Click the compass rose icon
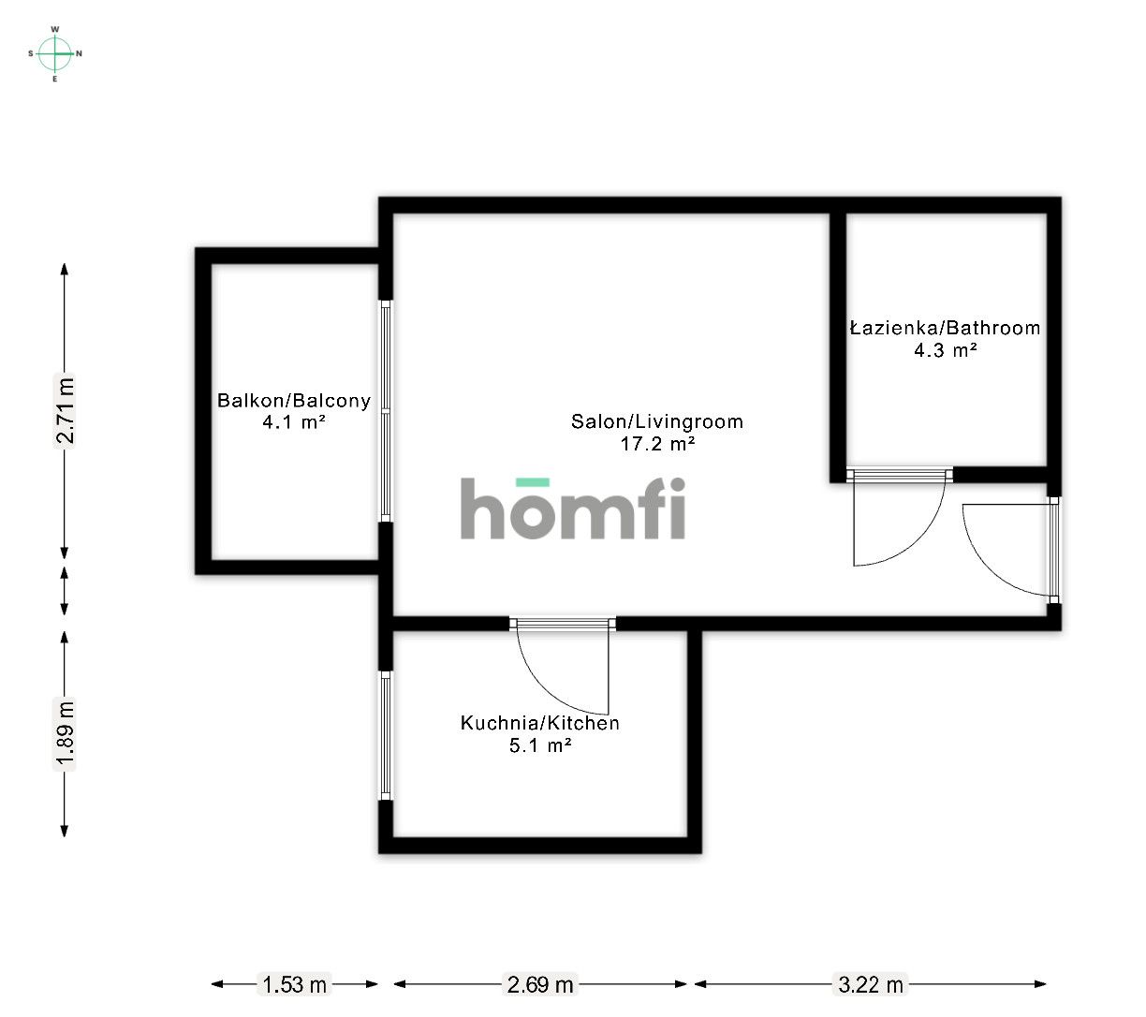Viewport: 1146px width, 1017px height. point(55,53)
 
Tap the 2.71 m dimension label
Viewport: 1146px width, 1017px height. point(65,410)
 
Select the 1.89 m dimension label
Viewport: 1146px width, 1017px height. point(65,735)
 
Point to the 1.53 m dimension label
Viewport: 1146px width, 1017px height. point(294,985)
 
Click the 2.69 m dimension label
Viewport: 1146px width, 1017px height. point(539,985)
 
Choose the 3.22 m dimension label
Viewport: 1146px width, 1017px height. point(871,985)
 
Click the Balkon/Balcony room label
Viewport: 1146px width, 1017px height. point(294,401)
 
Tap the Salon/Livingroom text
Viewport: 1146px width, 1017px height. point(656,421)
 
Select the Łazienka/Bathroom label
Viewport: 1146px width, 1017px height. point(946,329)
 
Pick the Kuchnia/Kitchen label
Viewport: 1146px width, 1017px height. point(539,723)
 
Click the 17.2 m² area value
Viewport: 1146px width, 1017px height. point(657,444)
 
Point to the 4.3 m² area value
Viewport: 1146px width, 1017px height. point(946,350)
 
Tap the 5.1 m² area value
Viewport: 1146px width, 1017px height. point(539,745)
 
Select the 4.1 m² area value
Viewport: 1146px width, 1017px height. point(294,422)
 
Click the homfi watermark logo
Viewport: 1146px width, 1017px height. point(572,508)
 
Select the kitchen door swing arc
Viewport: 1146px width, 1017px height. point(544,687)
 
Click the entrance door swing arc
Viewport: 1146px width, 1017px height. point(985,565)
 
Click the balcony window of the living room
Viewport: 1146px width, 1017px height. point(386,411)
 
